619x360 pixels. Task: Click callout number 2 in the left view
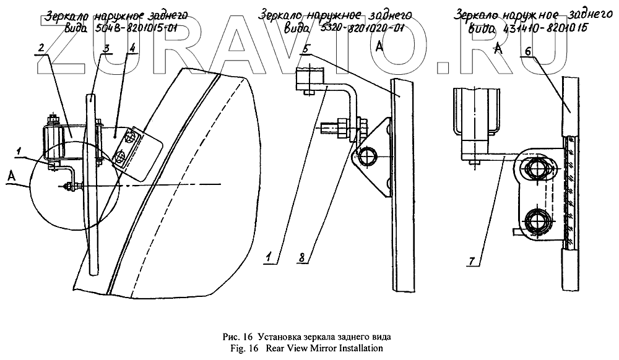41,48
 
